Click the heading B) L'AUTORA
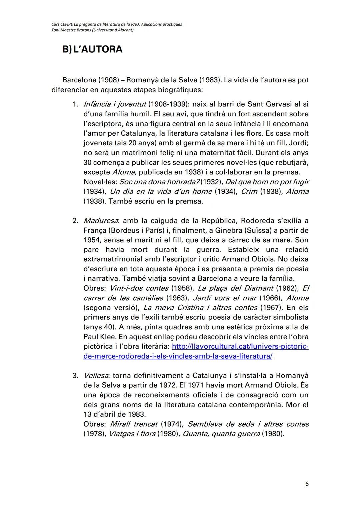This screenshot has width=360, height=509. (x=92, y=49)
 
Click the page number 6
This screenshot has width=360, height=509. (x=307, y=484)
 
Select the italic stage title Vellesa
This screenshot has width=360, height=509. (x=96, y=376)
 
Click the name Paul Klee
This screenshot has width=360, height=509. (x=98, y=337)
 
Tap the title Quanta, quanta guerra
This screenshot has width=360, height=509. (x=221, y=434)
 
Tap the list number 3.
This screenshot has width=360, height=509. (x=75, y=376)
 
